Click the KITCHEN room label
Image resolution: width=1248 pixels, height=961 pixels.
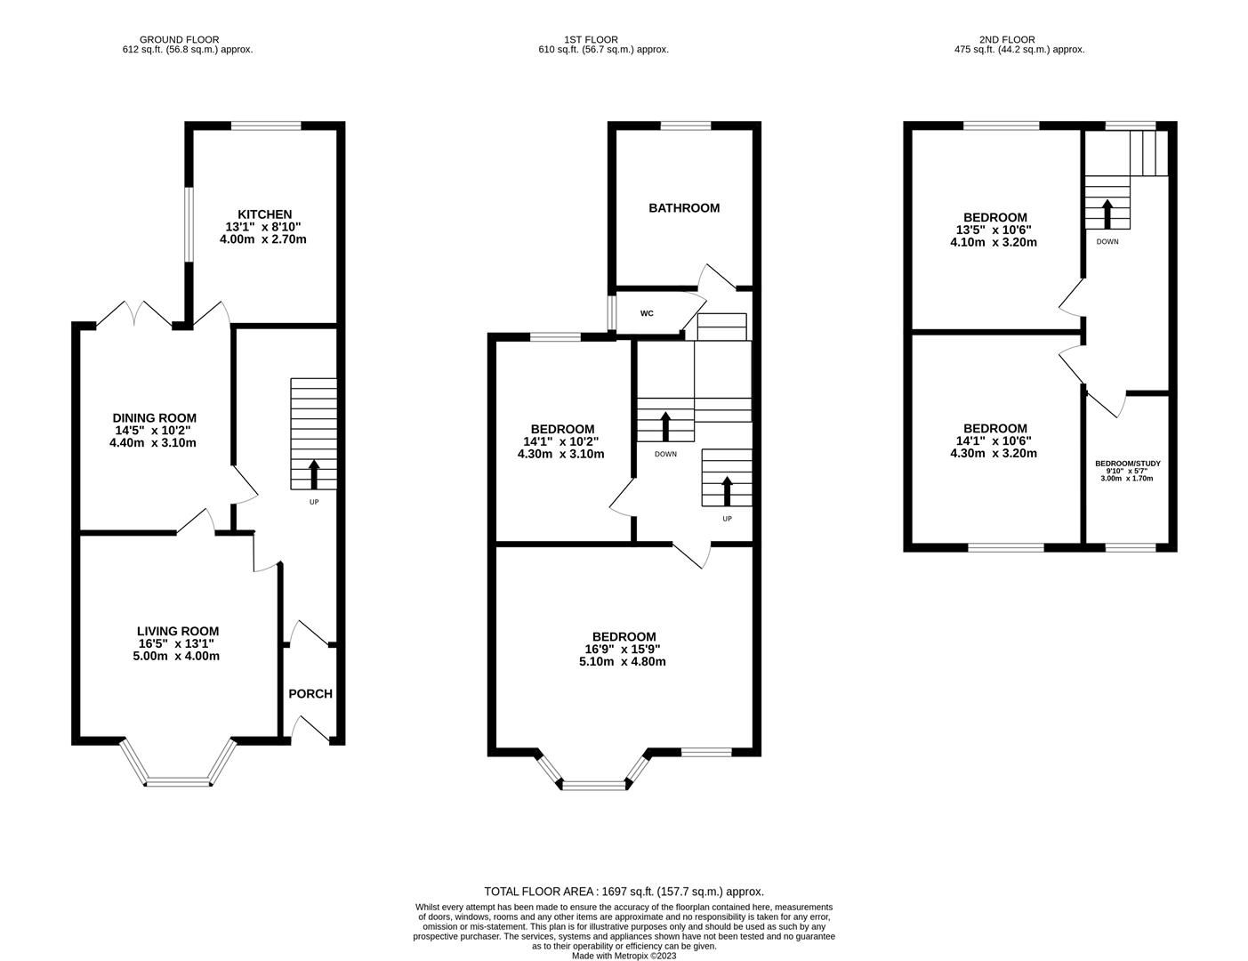click(x=264, y=214)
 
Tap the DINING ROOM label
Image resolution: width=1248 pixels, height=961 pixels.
click(x=154, y=418)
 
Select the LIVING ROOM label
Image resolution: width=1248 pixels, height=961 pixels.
click(x=177, y=632)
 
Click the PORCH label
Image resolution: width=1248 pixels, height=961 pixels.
click(x=310, y=694)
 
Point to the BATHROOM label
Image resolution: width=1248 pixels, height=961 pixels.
click(x=683, y=208)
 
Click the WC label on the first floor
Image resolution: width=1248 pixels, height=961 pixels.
click(x=647, y=314)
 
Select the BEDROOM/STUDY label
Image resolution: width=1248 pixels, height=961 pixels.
click(x=1127, y=464)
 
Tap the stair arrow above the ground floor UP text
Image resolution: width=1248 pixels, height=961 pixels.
click(x=313, y=473)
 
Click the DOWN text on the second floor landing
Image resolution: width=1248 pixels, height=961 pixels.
click(x=1107, y=242)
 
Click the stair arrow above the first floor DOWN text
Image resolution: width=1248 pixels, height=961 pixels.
click(x=665, y=425)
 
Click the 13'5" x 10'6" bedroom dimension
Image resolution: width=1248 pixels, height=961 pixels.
click(x=994, y=230)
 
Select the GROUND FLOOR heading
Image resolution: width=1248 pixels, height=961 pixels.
click(x=173, y=39)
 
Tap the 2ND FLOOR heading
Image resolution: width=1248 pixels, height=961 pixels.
click(x=1007, y=39)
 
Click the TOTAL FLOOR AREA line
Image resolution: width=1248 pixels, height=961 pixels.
click(x=624, y=891)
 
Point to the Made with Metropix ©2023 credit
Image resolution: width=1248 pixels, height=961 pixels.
click(x=624, y=957)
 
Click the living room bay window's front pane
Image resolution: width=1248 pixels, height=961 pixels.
click(x=179, y=783)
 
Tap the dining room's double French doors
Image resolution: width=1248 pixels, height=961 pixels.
click(x=133, y=314)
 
